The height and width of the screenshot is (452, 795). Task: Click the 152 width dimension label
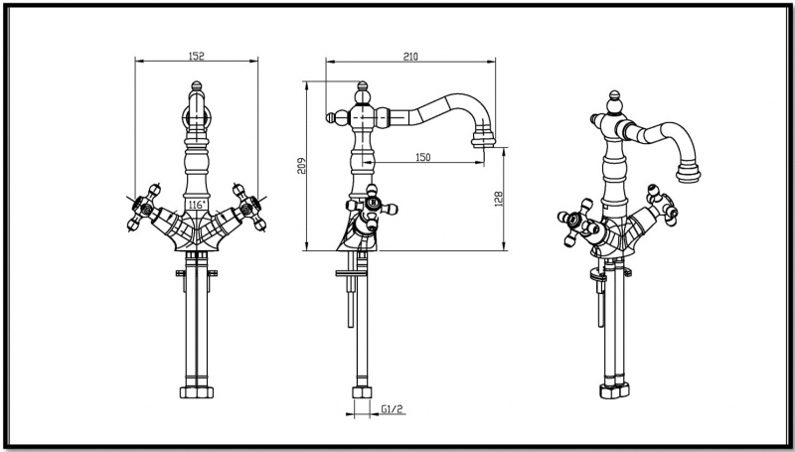tap(197, 57)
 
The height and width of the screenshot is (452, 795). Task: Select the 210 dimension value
tap(410, 57)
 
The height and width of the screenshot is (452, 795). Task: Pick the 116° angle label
tap(196, 205)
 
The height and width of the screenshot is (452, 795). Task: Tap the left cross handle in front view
tap(145, 206)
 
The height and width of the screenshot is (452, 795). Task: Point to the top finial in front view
tap(197, 102)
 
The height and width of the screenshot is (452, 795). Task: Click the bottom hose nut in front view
tap(197, 387)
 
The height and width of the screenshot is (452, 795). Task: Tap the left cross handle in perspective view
tap(574, 223)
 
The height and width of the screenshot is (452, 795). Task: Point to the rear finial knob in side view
tap(334, 118)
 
